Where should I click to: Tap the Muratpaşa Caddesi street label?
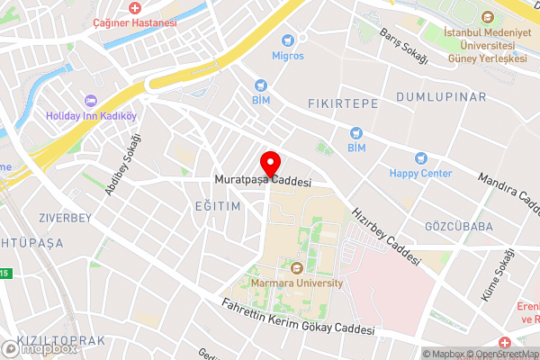tap(262, 181)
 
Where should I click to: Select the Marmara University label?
tap(297, 283)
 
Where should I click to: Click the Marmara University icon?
tap(297, 266)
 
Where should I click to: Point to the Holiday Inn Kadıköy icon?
tap(90, 101)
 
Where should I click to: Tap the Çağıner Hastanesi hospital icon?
tap(134, 7)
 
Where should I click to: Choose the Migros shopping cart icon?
tap(289, 40)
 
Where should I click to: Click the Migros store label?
tap(289, 56)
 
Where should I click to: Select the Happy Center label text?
tap(420, 173)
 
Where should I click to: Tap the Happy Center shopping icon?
tap(420, 157)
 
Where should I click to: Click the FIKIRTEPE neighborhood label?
tap(342, 103)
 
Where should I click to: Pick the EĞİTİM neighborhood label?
tap(218, 206)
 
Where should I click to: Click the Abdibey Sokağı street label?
tap(123, 164)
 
